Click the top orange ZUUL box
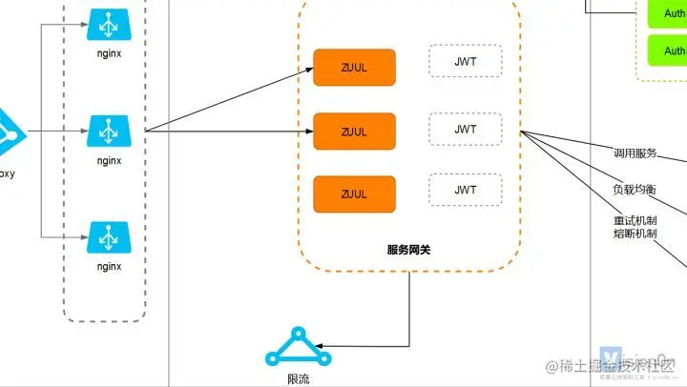[354, 67]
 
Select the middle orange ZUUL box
[354, 132]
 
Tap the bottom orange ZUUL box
[354, 193]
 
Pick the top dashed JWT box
[465, 61]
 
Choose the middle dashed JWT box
[465, 129]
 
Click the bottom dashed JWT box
[465, 190]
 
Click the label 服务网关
[409, 249]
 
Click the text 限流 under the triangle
[299, 378]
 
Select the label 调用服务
[635, 153]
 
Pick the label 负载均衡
[635, 189]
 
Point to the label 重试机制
[635, 220]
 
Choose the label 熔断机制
[635, 234]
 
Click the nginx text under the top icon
[109, 54]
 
